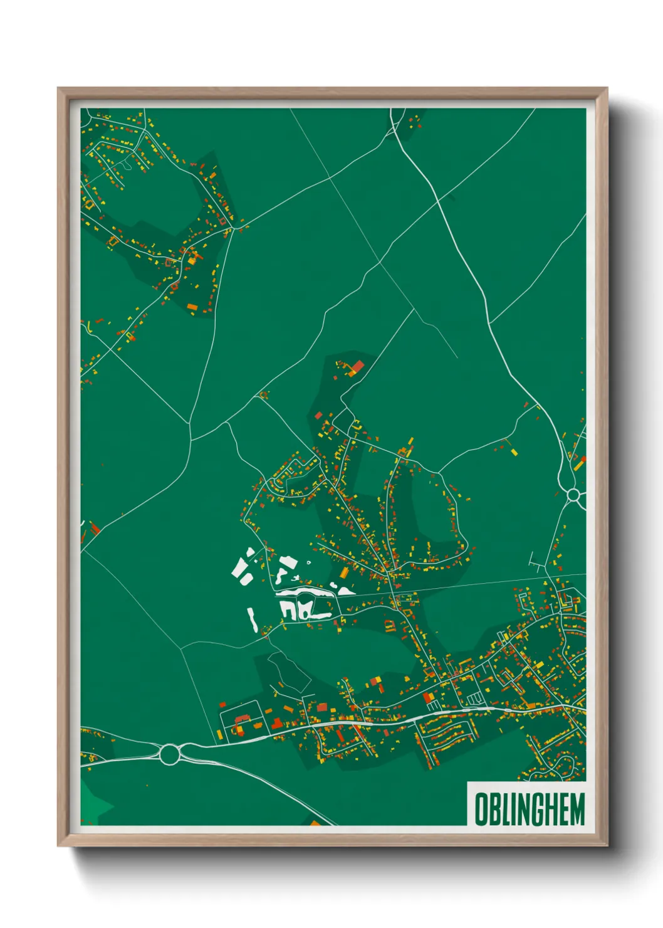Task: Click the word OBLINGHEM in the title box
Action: (x=529, y=809)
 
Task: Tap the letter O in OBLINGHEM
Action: (x=481, y=809)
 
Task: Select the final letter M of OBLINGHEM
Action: (x=577, y=809)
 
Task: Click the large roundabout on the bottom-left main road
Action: (x=169, y=753)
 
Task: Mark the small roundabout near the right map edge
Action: (x=573, y=495)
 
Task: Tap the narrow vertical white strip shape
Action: (x=252, y=619)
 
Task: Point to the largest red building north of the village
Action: (x=357, y=366)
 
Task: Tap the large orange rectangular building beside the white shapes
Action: (x=343, y=573)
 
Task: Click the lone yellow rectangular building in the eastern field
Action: (x=514, y=451)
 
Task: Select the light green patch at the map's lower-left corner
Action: (x=93, y=803)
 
